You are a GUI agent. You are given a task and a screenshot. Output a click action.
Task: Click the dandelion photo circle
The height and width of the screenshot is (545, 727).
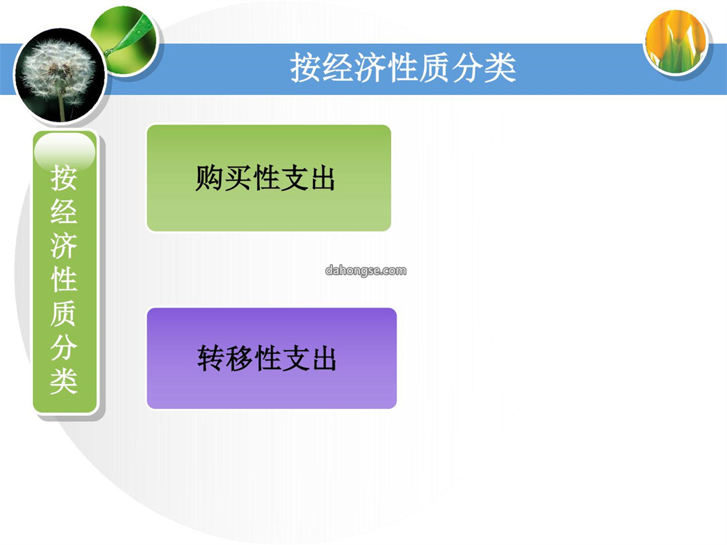click(60, 76)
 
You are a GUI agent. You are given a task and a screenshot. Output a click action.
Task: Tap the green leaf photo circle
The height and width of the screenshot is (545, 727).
click(125, 41)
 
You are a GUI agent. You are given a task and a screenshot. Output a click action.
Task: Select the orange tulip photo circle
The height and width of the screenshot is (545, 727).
click(677, 42)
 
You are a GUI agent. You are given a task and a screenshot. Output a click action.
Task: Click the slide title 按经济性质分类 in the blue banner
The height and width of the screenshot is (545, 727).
click(403, 68)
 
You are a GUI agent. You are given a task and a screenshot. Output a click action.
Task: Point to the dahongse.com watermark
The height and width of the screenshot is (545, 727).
click(366, 270)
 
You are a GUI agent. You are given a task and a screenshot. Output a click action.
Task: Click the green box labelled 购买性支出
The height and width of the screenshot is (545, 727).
click(269, 178)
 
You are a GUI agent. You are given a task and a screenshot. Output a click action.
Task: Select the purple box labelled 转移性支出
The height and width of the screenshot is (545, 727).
click(272, 358)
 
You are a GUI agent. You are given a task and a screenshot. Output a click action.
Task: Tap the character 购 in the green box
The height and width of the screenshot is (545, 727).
click(209, 178)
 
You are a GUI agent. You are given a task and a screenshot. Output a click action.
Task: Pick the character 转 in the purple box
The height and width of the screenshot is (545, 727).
click(211, 358)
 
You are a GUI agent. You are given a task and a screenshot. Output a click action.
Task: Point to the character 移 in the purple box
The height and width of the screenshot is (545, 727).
click(239, 358)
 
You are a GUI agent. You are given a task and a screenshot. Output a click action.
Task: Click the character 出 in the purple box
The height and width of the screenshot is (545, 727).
click(323, 358)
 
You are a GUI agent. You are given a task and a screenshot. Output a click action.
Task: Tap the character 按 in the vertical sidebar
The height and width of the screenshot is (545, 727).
click(64, 178)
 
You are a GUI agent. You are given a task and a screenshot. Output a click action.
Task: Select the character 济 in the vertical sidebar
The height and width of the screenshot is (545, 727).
click(64, 245)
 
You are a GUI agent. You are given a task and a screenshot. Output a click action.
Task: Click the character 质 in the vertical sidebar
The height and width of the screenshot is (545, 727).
click(64, 314)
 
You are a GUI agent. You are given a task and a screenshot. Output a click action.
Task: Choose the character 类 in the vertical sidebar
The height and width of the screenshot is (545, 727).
click(64, 381)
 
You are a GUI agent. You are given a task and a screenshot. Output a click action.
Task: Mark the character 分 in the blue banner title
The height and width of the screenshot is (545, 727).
click(467, 68)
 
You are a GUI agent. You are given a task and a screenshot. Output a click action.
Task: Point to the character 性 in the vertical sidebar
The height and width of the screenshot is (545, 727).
click(64, 279)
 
